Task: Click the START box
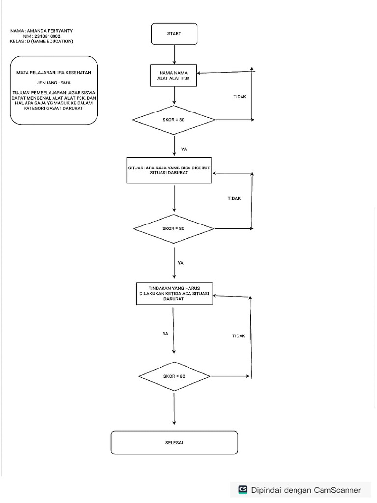tap(174, 34)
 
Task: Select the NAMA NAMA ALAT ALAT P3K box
tap(174, 75)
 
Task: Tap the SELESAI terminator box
tap(174, 442)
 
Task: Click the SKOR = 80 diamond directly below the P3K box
tap(174, 120)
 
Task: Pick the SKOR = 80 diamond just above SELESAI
tap(174, 376)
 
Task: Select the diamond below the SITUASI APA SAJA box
tap(174, 229)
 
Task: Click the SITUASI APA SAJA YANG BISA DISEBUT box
tap(169, 170)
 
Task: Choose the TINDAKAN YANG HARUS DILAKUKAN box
tap(174, 294)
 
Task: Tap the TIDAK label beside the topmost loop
tap(240, 97)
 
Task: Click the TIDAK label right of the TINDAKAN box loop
tap(239, 336)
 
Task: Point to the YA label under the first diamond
tap(184, 149)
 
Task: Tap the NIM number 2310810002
tap(45, 36)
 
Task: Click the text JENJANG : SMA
tap(54, 83)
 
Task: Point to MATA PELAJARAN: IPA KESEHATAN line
tap(54, 73)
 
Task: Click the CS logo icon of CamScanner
tap(242, 489)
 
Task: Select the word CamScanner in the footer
tap(337, 490)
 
